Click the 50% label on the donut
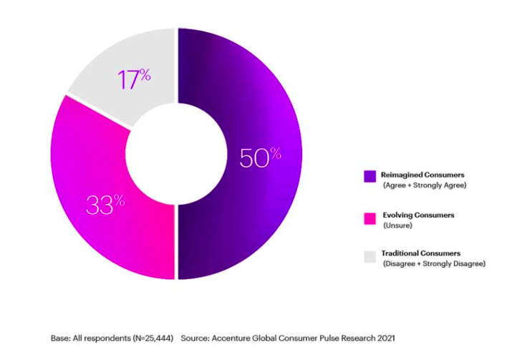pos(260,157)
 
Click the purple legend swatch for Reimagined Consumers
pos(369,175)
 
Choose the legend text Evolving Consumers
pos(417,215)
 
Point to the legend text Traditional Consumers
pos(420,253)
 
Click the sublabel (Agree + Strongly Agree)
pos(423,185)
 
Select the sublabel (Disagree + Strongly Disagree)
pos(433,263)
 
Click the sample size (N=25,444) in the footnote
pos(150,337)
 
